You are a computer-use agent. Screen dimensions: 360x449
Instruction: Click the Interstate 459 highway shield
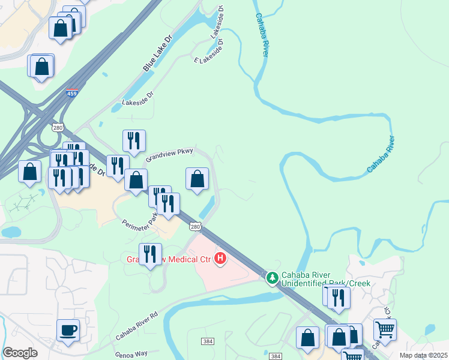coord(71,94)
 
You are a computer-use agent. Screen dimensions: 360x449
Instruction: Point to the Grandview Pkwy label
coord(169,155)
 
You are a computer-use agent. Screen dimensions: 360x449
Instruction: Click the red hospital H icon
coord(220,259)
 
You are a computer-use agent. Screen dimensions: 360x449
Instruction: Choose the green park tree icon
coord(272,277)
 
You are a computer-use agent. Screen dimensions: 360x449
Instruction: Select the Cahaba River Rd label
coord(136,324)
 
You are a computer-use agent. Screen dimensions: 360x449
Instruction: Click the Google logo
coord(20,353)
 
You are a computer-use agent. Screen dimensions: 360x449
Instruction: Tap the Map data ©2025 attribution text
coord(424,355)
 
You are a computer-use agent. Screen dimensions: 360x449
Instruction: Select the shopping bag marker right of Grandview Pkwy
coord(197,178)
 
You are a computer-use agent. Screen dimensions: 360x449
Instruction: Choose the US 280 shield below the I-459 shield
coord(58,127)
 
